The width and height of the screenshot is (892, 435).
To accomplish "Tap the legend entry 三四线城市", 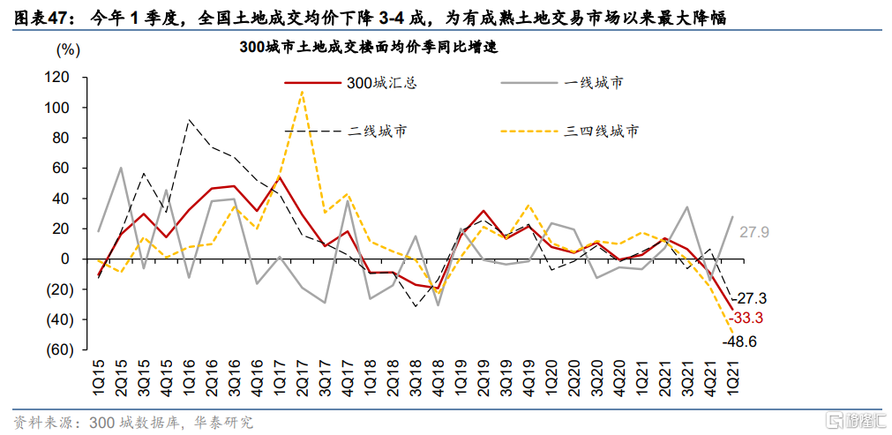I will coord(602,131).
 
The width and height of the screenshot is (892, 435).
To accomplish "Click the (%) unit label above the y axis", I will coord(67,49).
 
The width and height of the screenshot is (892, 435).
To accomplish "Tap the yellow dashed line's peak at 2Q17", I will coord(302,92).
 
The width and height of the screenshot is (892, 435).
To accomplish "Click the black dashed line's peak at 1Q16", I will coord(189,120).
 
